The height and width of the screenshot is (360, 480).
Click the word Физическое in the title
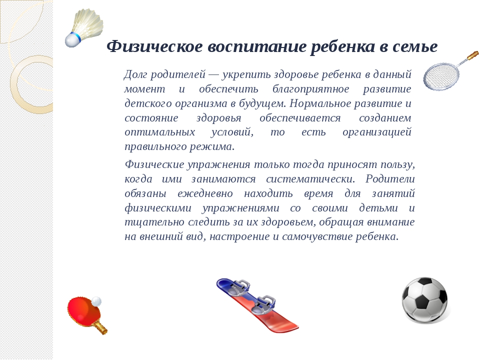(154, 47)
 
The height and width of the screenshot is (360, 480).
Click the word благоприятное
(310, 89)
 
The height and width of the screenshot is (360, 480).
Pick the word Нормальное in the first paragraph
(320, 103)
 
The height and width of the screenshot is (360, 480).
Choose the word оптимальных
(160, 132)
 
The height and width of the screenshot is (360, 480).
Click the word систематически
(310, 179)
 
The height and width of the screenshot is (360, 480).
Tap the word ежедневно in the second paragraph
(205, 193)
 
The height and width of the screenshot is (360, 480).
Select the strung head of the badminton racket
(441, 76)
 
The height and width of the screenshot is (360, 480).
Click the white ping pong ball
(96, 301)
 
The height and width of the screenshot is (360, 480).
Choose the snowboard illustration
(257, 305)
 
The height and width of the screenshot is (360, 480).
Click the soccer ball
(424, 299)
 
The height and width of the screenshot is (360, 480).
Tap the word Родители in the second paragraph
(390, 179)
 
